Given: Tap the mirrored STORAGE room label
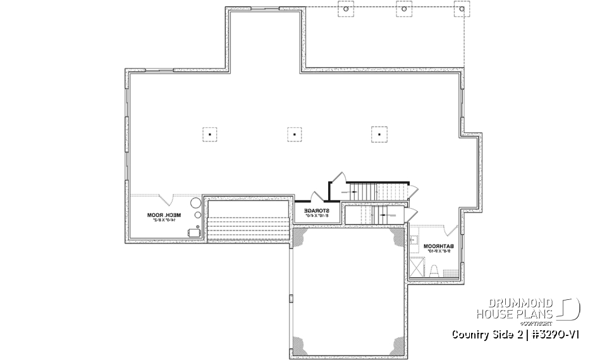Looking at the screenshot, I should [316, 213].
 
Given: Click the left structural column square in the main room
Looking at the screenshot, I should [209, 133].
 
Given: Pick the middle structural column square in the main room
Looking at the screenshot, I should [293, 133].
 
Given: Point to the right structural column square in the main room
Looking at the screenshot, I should [378, 133].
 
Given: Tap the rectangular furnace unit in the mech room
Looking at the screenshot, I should [193, 233].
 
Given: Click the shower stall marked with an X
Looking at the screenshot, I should [418, 268].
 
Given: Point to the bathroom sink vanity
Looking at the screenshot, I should [413, 241].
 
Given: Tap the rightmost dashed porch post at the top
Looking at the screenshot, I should [460, 9].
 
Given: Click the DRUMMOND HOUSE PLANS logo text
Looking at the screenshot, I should [515, 308].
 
